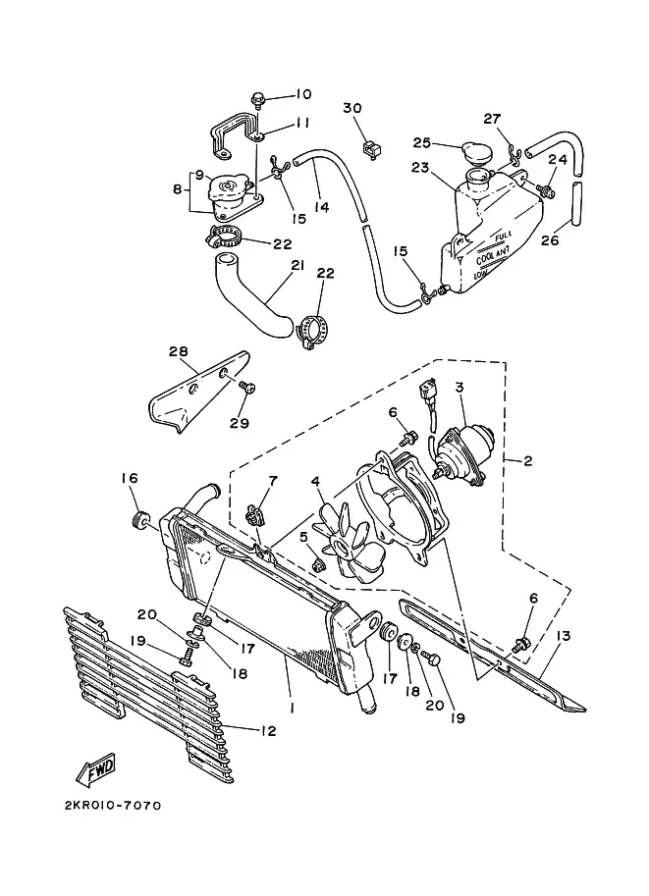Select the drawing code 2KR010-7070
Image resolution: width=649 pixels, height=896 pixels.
pos(113,805)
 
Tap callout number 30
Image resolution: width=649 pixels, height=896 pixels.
pos(352,108)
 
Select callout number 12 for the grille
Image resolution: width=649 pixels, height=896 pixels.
pos(268,730)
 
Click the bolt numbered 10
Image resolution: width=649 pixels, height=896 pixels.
pos(258,99)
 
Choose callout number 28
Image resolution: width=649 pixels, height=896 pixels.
pos(179,351)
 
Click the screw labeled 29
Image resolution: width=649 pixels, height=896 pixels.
pos(247,388)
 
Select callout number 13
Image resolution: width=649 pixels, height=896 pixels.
pos(564,636)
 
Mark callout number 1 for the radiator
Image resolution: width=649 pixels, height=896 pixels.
pos(293,708)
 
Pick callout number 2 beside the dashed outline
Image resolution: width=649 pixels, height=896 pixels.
pos(527,459)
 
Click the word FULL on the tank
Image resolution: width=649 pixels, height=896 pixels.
pos(503,235)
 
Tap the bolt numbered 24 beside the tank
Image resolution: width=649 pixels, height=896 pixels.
pos(546,190)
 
